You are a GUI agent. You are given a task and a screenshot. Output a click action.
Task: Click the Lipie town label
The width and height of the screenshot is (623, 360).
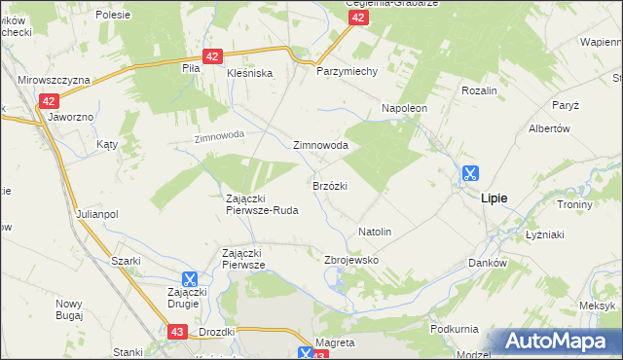coord(494,198)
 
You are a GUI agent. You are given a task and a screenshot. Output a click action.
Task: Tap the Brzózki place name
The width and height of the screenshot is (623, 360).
coord(330,185)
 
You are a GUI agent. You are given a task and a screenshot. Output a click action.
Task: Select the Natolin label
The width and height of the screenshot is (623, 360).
coord(375,233)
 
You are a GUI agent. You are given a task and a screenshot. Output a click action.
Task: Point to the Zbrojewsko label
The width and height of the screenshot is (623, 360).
coord(350,261)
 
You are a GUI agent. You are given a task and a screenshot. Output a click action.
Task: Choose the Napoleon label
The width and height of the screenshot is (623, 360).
coord(405,108)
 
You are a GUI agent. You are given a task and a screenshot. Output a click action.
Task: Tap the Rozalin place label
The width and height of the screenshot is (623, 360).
coord(479,90)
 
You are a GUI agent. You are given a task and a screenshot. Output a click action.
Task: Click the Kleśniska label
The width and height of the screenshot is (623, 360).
coord(249,73)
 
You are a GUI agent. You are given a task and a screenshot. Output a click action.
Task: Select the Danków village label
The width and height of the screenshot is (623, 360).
coord(488,263)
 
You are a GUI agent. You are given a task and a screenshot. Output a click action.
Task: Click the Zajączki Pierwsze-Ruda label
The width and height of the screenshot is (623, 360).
coord(261,203)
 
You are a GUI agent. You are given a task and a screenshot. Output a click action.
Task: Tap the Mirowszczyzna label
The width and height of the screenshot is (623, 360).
coord(54,80)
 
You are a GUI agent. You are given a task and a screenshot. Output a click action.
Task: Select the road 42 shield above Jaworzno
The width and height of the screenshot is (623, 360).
coord(51,100)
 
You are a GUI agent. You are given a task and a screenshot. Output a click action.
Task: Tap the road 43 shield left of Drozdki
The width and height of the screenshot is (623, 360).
coord(176,332)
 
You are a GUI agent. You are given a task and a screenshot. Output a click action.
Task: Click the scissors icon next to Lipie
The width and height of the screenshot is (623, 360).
coord(469,174)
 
